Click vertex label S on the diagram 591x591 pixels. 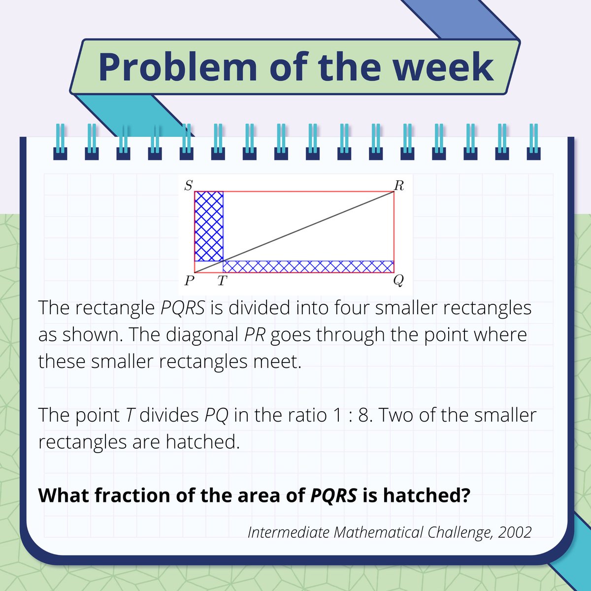click(188, 185)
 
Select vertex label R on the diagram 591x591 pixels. click(399, 185)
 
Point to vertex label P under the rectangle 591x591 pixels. click(189, 281)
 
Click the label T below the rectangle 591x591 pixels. click(222, 281)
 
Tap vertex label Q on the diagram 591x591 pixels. click(398, 281)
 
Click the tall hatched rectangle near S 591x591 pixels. click(209, 226)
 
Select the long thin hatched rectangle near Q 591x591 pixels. click(308, 266)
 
